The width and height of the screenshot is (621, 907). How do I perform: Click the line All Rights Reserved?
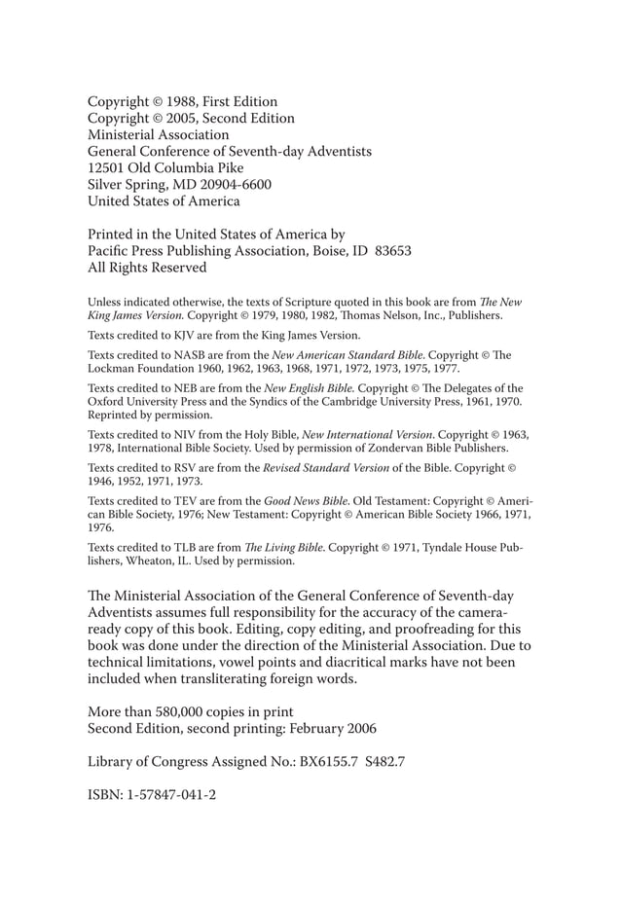coord(147,267)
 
